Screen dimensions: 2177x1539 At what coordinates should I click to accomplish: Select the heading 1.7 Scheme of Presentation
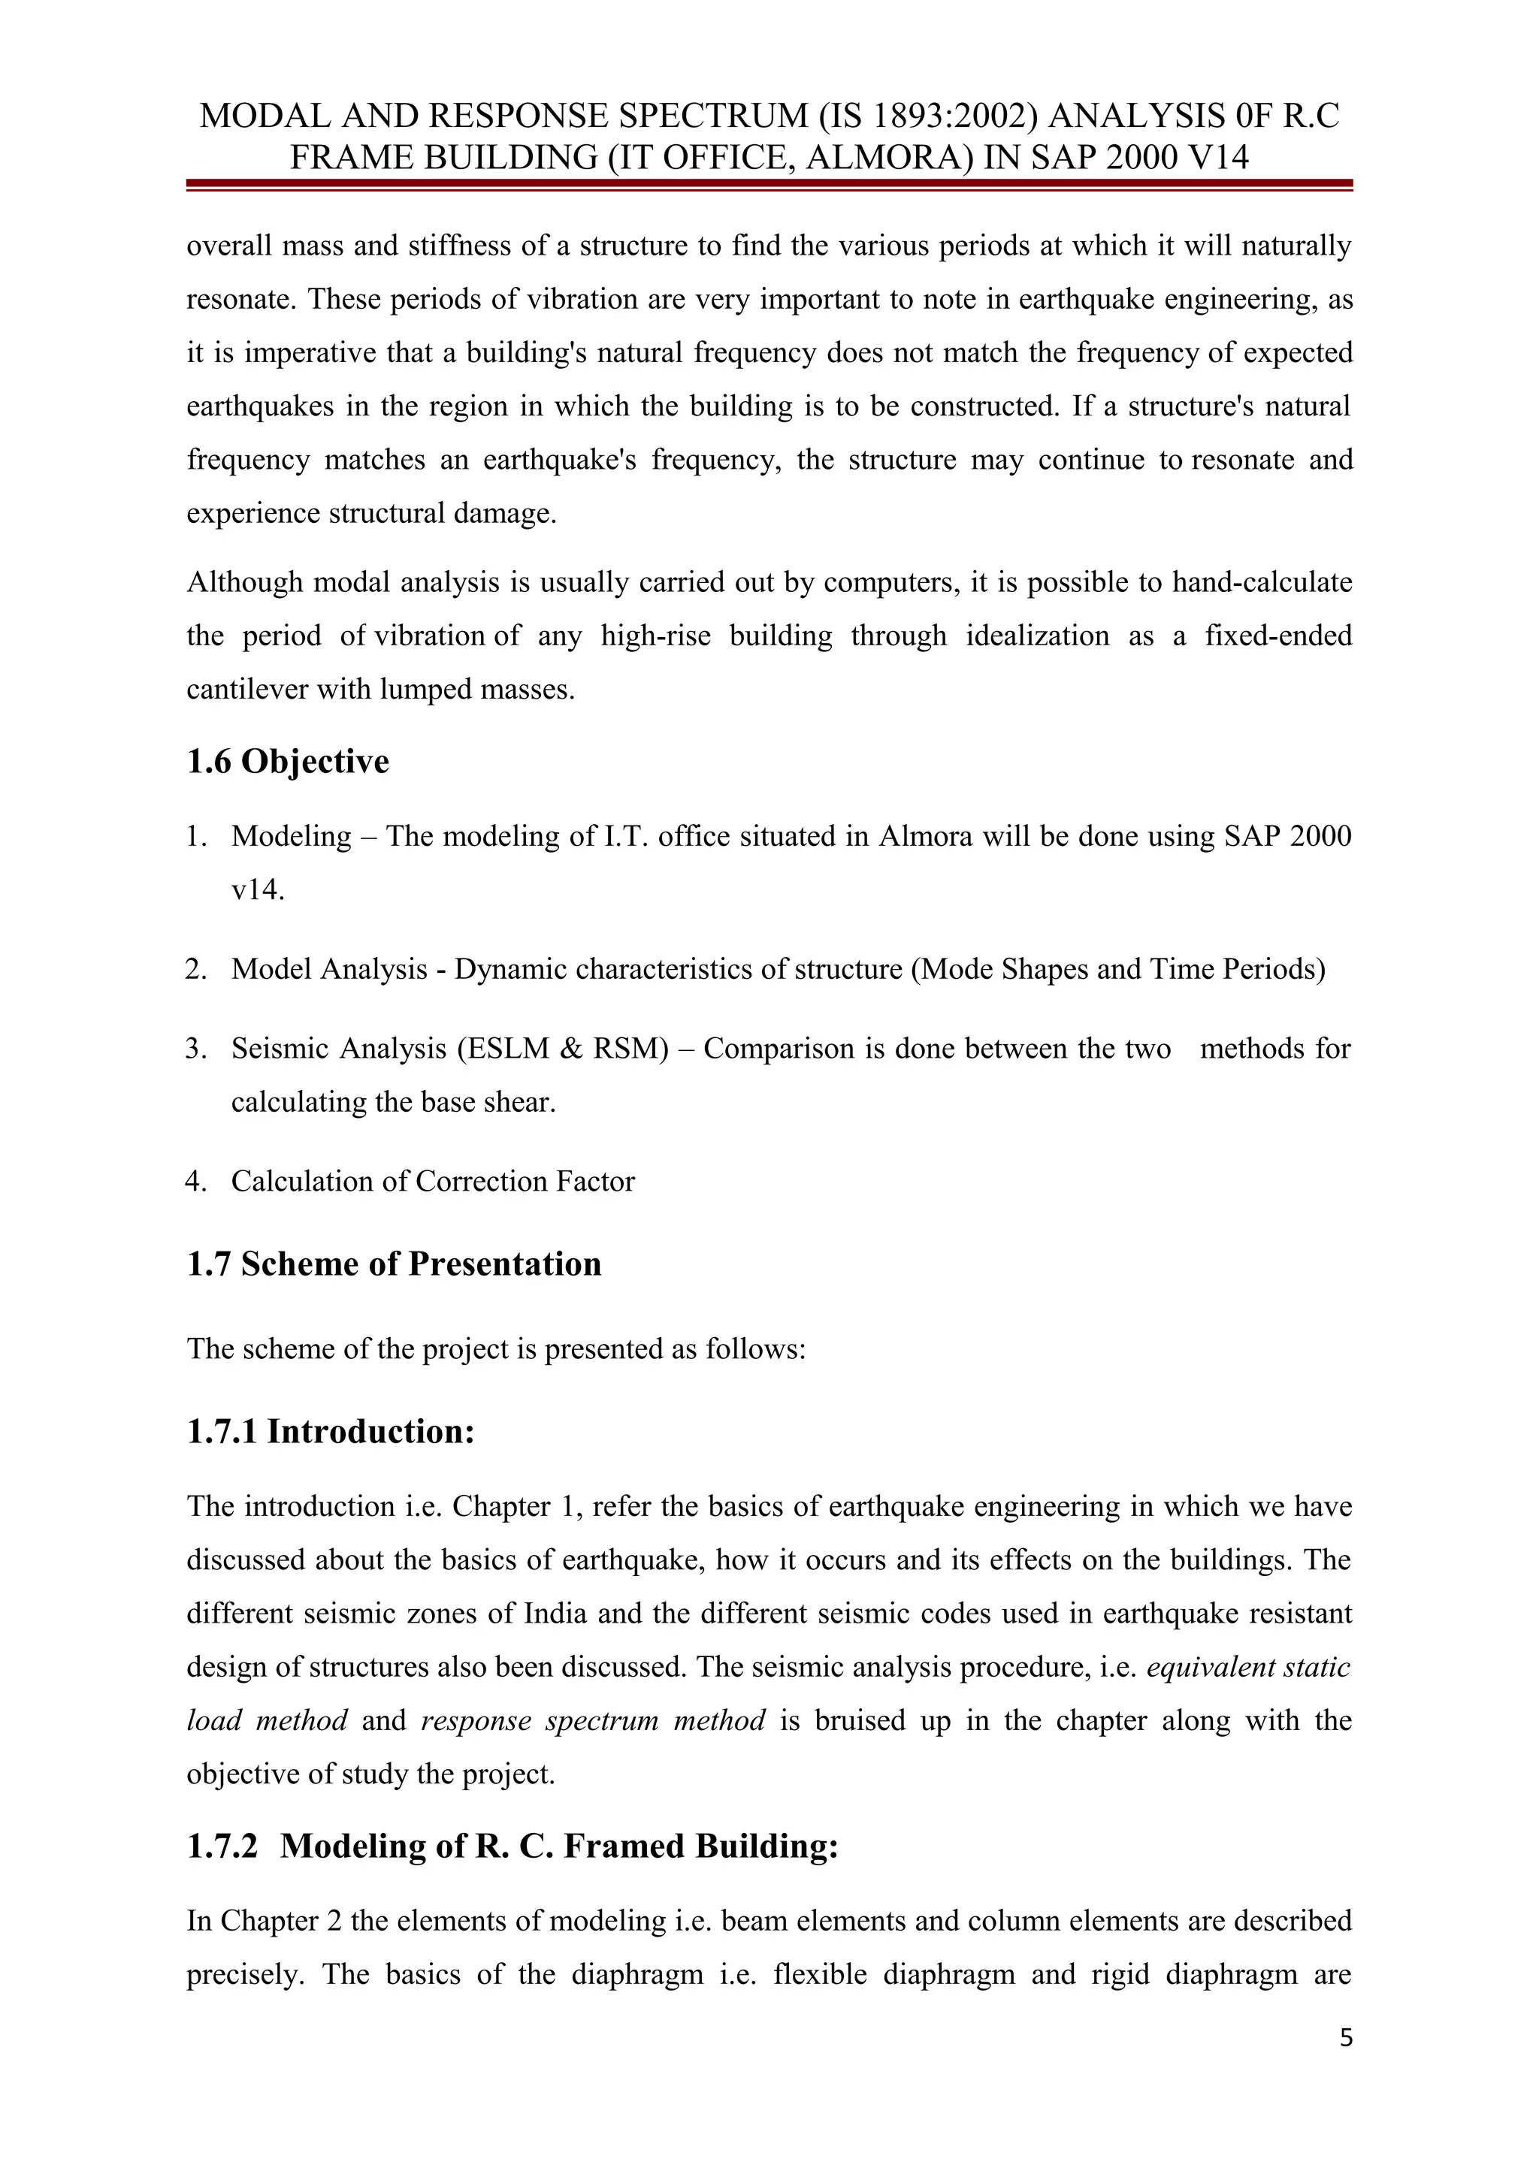click(x=394, y=1265)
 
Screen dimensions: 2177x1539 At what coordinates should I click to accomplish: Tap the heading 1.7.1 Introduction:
click(x=330, y=1432)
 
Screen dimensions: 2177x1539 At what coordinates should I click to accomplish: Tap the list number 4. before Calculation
click(x=196, y=1182)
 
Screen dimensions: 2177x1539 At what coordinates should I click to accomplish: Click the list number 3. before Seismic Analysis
click(x=196, y=1049)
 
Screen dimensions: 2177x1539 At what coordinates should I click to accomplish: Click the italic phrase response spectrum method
click(x=593, y=1721)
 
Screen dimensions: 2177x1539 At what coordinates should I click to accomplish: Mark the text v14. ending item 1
click(x=258, y=891)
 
